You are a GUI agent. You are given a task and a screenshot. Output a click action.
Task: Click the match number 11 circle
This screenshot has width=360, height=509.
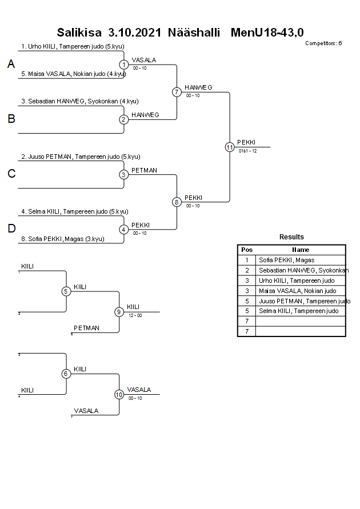click(230, 147)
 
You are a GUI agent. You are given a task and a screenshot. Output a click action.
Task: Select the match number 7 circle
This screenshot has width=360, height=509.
click(177, 92)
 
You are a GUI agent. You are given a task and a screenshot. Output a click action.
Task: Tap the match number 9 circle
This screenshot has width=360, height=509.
click(119, 312)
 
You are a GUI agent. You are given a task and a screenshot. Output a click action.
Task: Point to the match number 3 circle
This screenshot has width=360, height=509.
click(123, 175)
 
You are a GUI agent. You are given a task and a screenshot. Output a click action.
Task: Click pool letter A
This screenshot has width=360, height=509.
click(11, 65)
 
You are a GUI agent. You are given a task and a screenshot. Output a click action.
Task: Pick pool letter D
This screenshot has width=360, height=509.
click(11, 229)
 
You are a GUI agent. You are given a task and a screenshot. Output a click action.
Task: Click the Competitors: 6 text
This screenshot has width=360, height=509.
click(323, 43)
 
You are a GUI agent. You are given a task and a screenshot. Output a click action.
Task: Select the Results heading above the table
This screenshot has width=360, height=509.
click(291, 237)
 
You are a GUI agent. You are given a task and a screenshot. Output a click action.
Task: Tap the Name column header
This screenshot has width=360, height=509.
click(301, 250)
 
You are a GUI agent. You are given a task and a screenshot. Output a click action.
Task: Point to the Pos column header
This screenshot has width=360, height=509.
click(247, 250)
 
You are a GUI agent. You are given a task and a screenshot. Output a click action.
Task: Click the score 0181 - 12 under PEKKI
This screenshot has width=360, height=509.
click(248, 151)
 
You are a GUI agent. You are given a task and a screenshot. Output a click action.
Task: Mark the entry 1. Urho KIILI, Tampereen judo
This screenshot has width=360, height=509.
click(73, 46)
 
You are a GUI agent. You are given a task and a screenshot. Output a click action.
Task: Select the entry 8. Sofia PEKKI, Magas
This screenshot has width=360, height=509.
click(66, 239)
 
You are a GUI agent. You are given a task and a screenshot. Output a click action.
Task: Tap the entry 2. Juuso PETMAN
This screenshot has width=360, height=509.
click(81, 157)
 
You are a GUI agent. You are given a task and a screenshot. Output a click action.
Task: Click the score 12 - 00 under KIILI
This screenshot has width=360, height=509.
click(135, 315)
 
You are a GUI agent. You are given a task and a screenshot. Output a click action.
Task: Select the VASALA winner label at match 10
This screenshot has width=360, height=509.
click(139, 390)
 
